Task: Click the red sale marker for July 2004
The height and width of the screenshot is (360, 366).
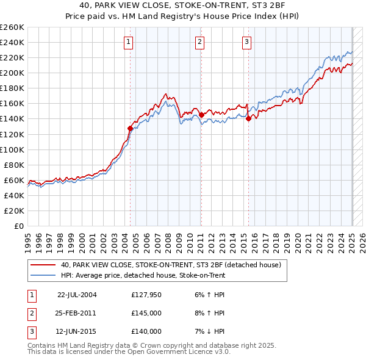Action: pyautogui.click(x=130, y=128)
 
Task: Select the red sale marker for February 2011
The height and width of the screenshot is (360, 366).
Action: pyautogui.click(x=201, y=114)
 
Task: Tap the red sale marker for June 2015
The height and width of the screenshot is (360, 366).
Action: pyautogui.click(x=248, y=119)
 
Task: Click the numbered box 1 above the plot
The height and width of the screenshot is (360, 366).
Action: pyautogui.click(x=129, y=42)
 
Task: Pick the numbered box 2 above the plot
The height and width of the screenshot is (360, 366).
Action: pyautogui.click(x=199, y=42)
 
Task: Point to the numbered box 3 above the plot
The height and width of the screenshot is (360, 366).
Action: pyautogui.click(x=246, y=42)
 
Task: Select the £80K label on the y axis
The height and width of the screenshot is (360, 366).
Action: pyautogui.click(x=14, y=165)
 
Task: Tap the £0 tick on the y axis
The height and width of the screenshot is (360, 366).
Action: pyautogui.click(x=18, y=226)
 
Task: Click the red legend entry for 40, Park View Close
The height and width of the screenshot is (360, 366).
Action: pyautogui.click(x=171, y=265)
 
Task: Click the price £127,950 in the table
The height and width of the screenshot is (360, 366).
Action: pyautogui.click(x=146, y=295)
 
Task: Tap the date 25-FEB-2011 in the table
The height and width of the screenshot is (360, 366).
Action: pyautogui.click(x=77, y=313)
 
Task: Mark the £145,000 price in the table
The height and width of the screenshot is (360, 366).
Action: pyautogui.click(x=146, y=313)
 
